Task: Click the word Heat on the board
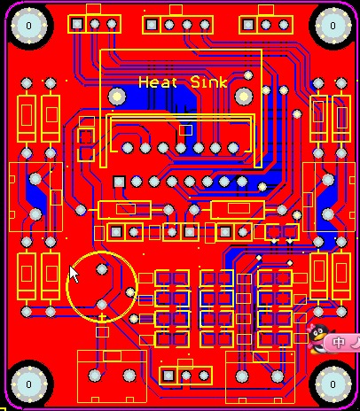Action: [158, 82]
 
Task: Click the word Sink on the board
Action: [209, 81]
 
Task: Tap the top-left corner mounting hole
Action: [29, 26]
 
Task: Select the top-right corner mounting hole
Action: [333, 26]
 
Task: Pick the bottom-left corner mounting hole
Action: [29, 384]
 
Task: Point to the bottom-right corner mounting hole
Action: [333, 384]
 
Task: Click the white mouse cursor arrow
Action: [74, 275]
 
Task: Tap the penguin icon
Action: [317, 338]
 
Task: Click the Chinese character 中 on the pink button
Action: [338, 343]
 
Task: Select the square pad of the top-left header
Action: [77, 24]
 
